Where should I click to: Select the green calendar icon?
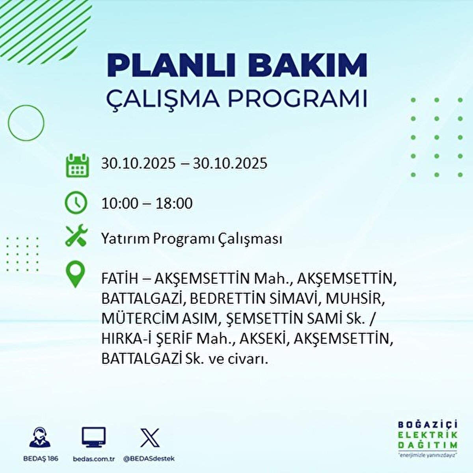click(77, 165)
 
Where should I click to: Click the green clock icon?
click(76, 203)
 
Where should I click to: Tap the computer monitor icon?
click(93, 437)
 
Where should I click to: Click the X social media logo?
click(150, 438)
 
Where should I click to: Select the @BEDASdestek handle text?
click(149, 458)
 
